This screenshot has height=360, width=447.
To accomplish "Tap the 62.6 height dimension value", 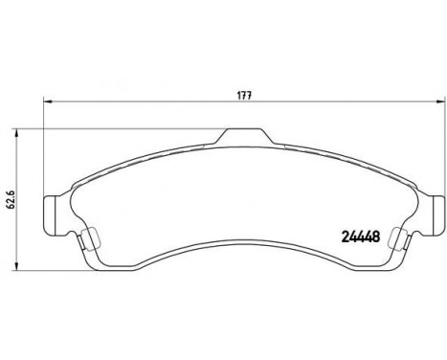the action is [11, 200].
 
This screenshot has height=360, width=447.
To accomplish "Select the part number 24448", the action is [361, 236].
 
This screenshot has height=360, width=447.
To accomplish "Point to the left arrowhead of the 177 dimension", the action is [47, 101].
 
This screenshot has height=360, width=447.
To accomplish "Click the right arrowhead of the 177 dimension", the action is [440, 101].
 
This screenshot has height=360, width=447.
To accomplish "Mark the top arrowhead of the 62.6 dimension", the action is [17, 133].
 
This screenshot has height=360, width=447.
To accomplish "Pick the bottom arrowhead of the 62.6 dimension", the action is [17, 267].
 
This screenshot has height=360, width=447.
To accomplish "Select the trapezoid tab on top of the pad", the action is [243, 136].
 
